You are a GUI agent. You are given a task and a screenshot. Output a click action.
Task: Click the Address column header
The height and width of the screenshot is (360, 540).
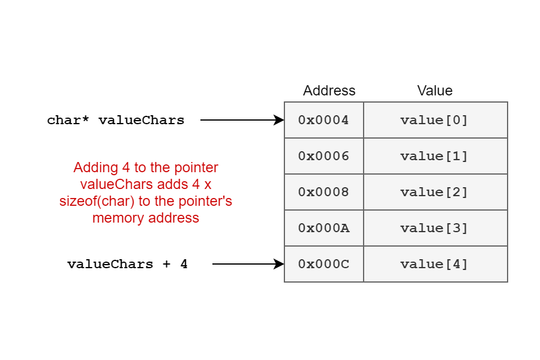pos(329,91)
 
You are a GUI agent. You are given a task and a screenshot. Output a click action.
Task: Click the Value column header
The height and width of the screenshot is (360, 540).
pos(435,91)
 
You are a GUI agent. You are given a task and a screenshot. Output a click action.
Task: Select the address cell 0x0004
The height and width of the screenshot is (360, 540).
pos(324,120)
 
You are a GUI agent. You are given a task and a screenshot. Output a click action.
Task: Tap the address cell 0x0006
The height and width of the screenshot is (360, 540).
pos(324,156)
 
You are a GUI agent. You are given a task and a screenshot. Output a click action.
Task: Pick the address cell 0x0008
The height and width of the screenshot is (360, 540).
pos(324,192)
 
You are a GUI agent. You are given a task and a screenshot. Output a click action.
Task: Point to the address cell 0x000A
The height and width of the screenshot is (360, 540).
pos(324,228)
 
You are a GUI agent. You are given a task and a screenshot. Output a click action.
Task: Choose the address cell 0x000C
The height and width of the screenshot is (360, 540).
pos(324,264)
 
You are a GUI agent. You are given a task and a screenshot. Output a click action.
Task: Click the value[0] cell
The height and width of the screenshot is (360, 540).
pos(436,120)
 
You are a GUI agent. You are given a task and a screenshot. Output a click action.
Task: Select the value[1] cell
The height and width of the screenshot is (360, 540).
pos(436,156)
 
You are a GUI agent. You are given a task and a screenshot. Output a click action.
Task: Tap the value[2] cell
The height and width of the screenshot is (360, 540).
pos(436,192)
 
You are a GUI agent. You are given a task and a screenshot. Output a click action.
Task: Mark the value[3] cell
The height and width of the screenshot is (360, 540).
pos(436,228)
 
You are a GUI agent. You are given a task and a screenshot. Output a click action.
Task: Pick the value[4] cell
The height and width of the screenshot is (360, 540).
pos(436,264)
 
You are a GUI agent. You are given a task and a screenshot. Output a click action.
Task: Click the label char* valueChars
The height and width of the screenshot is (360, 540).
pos(116,120)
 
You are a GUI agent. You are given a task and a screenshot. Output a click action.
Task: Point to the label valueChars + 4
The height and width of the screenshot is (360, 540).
pos(127,264)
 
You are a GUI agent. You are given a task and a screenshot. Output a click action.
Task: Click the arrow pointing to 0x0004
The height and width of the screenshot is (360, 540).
pos(242,120)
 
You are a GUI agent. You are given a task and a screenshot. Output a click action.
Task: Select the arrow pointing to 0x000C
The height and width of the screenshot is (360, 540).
pos(248,264)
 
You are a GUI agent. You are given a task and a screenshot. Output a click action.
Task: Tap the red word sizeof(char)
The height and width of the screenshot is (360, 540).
pos(97,201)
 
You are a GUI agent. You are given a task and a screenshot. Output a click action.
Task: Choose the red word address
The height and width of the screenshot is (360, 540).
pos(173,218)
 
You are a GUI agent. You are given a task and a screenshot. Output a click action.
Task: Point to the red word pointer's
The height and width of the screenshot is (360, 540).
pos(206,201)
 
